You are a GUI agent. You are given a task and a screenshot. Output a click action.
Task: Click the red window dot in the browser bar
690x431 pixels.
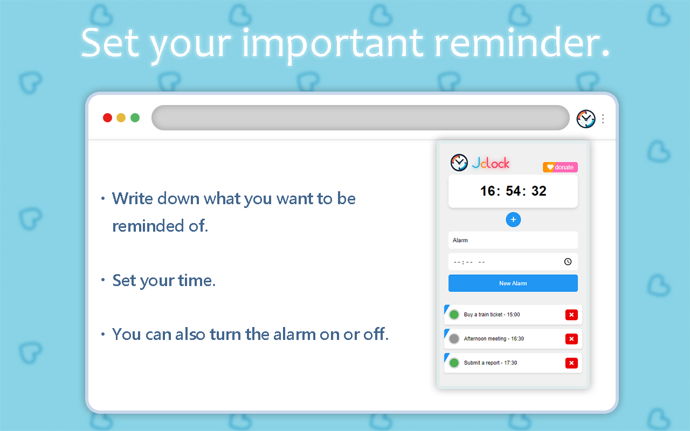point(107,118)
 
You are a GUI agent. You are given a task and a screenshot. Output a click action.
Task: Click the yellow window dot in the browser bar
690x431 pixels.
point(121,118)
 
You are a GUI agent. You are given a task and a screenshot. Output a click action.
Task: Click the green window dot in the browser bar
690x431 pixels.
point(135,118)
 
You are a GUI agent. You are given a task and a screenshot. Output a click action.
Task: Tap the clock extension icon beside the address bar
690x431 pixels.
point(586,119)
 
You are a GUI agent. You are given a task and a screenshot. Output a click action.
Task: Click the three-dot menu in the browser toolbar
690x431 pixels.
point(603,119)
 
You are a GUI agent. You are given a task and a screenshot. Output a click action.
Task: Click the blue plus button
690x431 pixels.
point(513,220)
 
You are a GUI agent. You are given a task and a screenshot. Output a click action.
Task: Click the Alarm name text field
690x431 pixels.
point(513,240)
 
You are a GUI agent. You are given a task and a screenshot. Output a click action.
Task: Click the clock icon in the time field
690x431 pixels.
point(568,262)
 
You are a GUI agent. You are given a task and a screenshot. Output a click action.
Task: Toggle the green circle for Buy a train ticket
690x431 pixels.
point(454,315)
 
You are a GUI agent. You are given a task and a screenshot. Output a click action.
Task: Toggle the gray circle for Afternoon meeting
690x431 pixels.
point(454,339)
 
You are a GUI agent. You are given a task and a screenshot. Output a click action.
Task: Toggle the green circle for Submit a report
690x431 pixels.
point(454,363)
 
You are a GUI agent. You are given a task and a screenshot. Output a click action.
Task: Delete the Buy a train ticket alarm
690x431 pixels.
point(571,315)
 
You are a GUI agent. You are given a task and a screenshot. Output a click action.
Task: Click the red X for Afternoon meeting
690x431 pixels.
point(571,339)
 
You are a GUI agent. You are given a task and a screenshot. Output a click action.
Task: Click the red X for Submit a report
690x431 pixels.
point(571,363)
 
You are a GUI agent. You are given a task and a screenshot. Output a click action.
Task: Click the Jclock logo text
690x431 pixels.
point(491,163)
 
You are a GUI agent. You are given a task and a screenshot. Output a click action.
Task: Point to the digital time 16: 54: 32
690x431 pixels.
point(513,191)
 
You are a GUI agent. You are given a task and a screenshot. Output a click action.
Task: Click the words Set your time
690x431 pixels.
point(164,281)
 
